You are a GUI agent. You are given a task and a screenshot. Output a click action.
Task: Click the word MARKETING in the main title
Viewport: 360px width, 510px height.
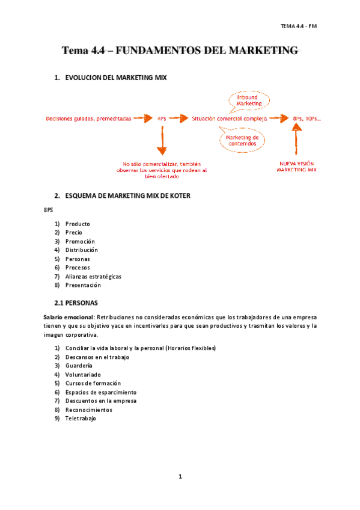[263, 51]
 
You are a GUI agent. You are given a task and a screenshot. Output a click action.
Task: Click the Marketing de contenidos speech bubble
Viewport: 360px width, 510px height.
[242, 140]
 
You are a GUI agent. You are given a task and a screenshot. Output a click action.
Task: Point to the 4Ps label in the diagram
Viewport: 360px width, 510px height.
[161, 118]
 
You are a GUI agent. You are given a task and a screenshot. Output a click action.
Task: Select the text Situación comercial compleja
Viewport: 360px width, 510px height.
[230, 118]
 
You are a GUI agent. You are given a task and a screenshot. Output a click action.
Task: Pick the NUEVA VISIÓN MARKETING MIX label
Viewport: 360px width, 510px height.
[296, 167]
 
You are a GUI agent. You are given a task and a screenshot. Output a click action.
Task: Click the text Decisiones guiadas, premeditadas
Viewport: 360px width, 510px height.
[88, 118]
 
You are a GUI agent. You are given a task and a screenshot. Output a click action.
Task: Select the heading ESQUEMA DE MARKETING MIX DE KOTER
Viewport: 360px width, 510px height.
[128, 195]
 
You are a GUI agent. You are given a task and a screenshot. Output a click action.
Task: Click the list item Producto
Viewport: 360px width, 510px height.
[78, 224]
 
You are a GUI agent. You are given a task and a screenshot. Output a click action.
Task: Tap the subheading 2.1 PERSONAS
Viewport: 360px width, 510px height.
[76, 302]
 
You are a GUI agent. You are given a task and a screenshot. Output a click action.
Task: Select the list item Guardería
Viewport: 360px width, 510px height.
[79, 366]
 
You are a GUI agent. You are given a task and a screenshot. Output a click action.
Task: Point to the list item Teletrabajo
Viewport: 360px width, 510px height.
[81, 419]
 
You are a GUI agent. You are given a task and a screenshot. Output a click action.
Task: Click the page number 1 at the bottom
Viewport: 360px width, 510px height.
[180, 477]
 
